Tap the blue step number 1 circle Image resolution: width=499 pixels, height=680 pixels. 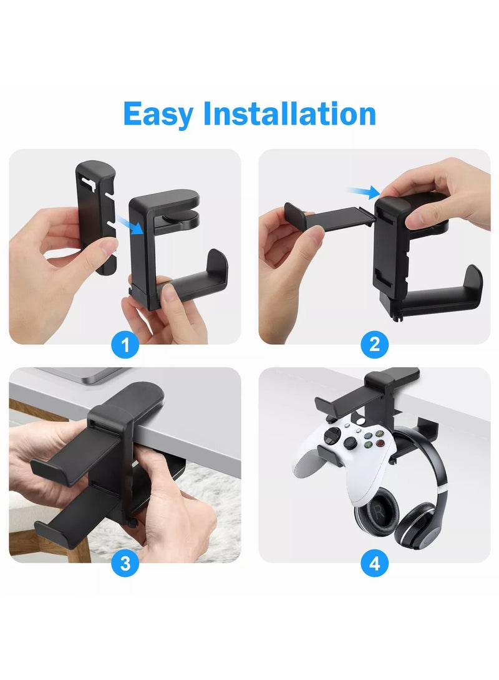pos(125,344)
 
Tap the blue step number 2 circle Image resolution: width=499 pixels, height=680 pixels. pos(374,344)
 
